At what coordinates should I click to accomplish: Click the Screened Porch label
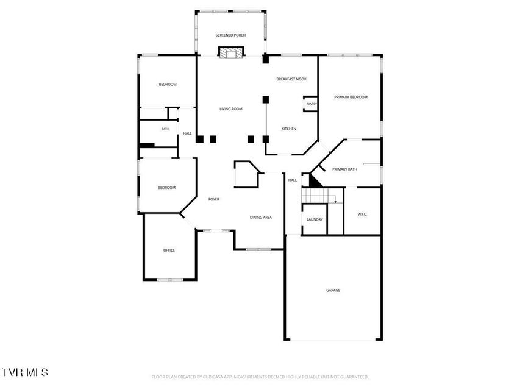click(230, 35)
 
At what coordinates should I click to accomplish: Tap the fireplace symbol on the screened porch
click(231, 52)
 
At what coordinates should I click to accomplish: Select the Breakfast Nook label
click(291, 79)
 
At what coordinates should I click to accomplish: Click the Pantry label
click(312, 104)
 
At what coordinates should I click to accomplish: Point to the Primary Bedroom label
click(351, 97)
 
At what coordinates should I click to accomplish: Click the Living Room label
click(231, 109)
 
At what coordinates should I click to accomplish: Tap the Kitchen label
click(289, 129)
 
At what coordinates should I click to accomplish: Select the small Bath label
click(165, 129)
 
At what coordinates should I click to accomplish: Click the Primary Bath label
click(344, 169)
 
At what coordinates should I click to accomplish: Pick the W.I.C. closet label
click(362, 214)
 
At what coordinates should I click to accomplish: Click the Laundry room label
click(315, 219)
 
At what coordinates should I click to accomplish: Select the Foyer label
click(214, 199)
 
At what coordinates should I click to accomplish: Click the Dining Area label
click(261, 217)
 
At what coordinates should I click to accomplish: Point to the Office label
click(169, 250)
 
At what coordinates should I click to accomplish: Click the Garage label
click(333, 290)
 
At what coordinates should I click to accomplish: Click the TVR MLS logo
click(24, 372)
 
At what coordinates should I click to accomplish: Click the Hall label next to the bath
click(187, 133)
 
